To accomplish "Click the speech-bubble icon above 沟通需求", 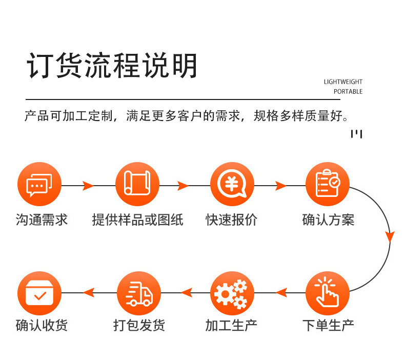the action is coord(39,185).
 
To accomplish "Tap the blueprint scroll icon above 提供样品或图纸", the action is coord(137,185).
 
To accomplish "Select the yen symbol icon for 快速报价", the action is coord(232,185).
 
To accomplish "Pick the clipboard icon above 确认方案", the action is coord(327,185).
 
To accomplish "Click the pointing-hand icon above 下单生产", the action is coord(327,293).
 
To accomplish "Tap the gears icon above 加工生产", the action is coord(232,293).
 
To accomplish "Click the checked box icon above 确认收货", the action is coord(39,293).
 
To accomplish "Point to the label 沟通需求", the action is coord(42,220).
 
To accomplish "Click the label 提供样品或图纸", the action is coord(137,220).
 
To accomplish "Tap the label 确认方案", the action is coord(328,220).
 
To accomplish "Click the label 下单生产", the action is coord(328,325).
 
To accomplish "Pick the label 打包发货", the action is coord(139,325).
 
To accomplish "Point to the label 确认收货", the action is coord(42,325).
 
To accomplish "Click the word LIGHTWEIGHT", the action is coord(343,82).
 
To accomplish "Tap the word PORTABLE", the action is coord(348,91).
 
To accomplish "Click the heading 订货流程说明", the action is coord(112,66).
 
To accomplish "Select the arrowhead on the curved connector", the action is coord(390,237).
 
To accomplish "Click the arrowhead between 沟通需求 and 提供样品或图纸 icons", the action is coord(88,185).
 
